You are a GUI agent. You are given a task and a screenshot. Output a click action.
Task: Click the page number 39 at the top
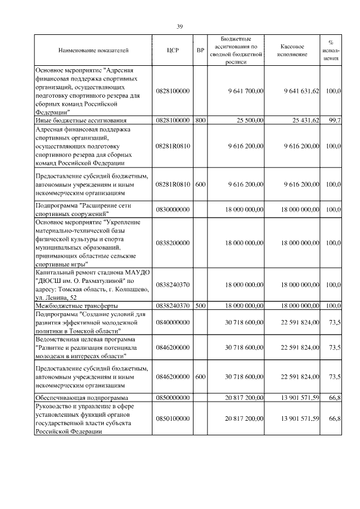coord(180,26)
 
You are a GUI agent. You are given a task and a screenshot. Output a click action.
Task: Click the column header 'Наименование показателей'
coord(93,51)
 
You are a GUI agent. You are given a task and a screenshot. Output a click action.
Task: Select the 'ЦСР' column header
coord(173,51)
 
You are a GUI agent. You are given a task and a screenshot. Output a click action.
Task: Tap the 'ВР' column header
coord(200,51)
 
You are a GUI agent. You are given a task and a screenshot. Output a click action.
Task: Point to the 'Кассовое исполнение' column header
coord(292,51)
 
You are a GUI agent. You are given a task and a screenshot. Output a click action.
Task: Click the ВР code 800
coord(200,120)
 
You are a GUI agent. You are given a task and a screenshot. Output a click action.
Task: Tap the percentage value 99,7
coord(334,120)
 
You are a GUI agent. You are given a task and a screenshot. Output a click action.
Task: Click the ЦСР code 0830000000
coord(173,209)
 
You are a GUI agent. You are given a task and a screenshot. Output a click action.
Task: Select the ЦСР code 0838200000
coord(173,242)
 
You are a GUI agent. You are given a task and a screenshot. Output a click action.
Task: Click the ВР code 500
coord(200,305)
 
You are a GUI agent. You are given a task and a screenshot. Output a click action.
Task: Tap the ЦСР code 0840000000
coord(173,322)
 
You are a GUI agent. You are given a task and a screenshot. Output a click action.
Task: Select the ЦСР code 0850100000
coord(173,418)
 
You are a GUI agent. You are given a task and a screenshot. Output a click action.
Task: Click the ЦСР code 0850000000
coord(173,398)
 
